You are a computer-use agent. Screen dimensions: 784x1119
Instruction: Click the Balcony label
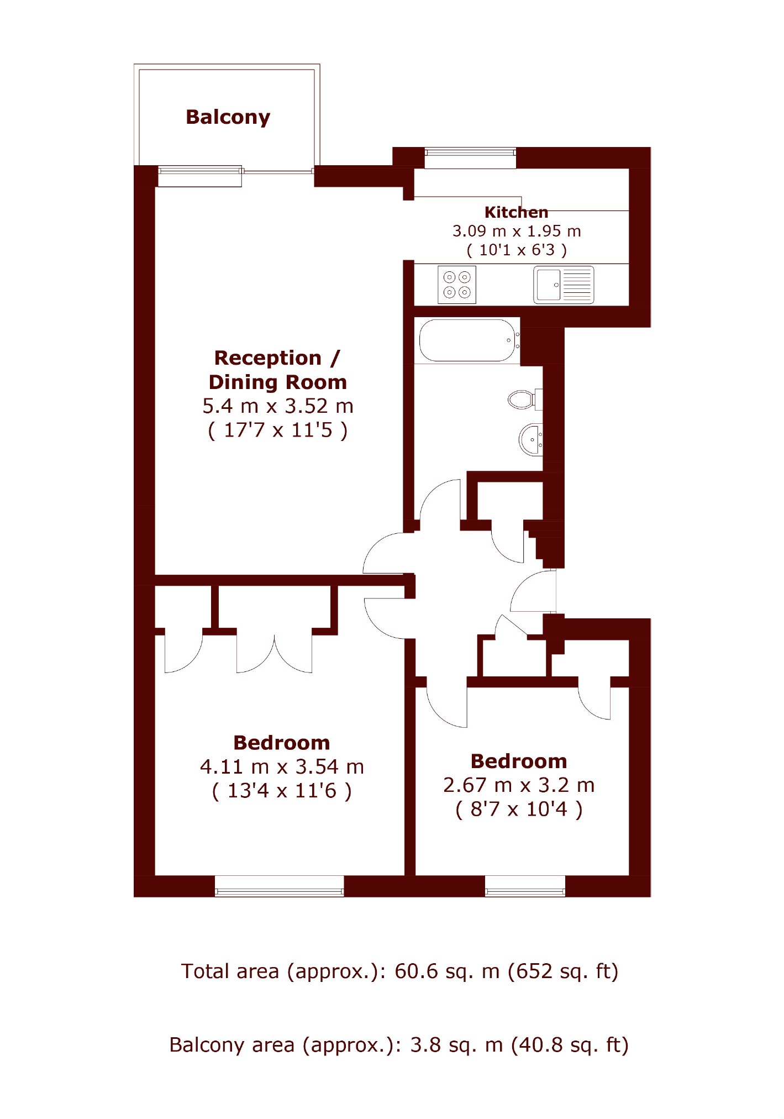[228, 117]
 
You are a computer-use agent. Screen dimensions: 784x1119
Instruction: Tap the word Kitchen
[516, 212]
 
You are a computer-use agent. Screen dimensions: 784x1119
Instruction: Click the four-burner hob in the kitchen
[457, 285]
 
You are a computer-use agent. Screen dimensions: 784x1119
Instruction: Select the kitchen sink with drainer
[564, 285]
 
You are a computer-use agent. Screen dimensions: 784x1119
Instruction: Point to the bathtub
[469, 340]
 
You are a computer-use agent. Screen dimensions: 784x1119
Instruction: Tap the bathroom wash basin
[531, 440]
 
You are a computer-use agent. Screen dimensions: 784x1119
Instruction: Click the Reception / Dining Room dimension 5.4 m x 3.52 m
[277, 406]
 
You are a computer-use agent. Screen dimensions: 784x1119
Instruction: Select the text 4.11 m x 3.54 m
[282, 767]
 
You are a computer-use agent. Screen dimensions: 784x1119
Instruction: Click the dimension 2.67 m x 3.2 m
[519, 785]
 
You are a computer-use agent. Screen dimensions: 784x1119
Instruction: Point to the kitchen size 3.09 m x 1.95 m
[517, 231]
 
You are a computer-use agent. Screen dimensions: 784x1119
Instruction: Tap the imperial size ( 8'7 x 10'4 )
[519, 810]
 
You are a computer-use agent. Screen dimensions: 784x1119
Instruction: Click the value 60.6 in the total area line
[414, 971]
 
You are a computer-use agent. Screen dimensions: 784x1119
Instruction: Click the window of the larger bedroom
[279, 886]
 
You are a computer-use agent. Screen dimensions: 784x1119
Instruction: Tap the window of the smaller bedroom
[525, 886]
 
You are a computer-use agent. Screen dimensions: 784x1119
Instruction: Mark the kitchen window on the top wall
[470, 157]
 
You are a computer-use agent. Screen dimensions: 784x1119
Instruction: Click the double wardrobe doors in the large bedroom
[275, 654]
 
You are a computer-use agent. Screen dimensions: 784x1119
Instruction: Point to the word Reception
[267, 358]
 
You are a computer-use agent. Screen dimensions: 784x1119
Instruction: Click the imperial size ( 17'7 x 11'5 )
[277, 430]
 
